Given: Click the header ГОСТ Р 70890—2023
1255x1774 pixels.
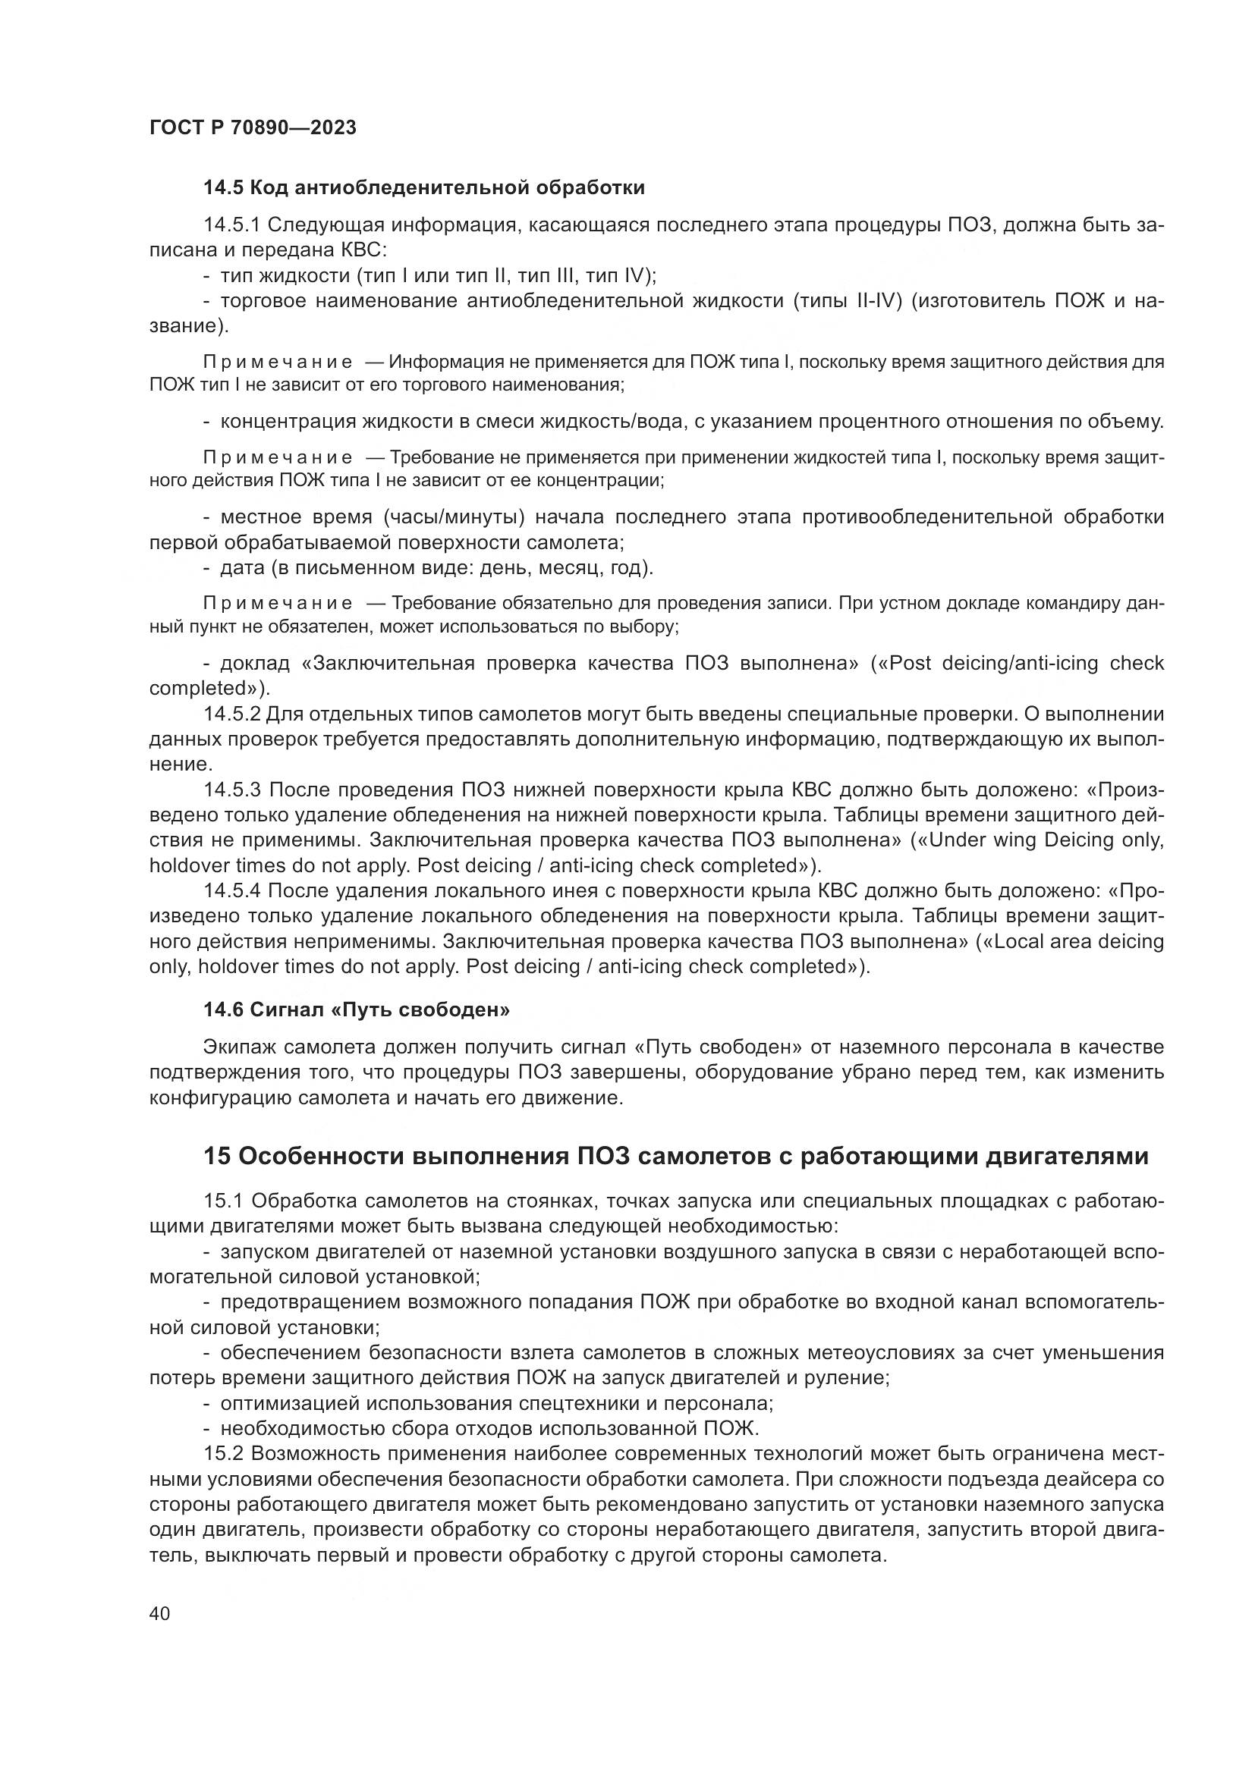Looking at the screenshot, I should (x=253, y=127).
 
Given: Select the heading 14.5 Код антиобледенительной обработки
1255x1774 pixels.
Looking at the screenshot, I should (x=423, y=187).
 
